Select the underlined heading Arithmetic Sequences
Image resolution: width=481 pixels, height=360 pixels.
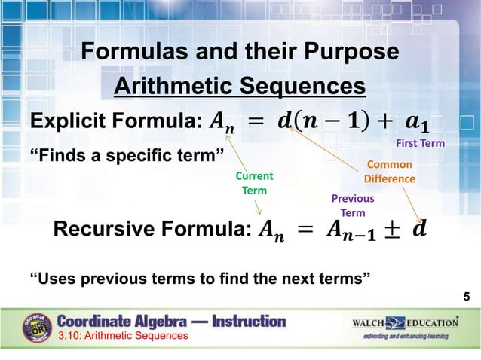point(240,86)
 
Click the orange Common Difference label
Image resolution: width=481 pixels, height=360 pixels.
point(389,172)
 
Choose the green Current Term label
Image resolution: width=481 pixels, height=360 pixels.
point(254,184)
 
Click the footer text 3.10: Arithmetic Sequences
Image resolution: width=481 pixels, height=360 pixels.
point(124,336)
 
